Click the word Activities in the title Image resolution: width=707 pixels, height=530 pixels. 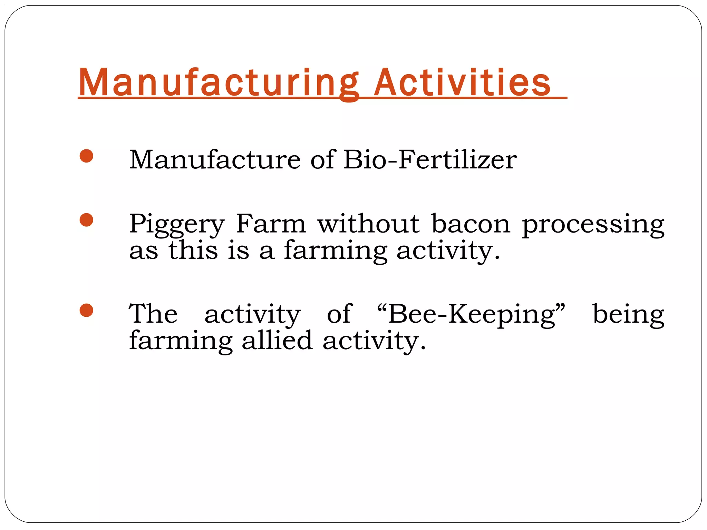[462, 83]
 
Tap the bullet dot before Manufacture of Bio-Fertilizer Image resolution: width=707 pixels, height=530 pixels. [86, 156]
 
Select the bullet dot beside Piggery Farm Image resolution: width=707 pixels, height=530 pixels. [86, 220]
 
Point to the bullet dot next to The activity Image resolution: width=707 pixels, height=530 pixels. [86, 310]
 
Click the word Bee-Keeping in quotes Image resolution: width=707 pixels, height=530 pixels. [471, 315]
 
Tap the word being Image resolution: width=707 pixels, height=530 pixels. [628, 315]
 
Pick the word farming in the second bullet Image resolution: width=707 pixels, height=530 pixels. [335, 251]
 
